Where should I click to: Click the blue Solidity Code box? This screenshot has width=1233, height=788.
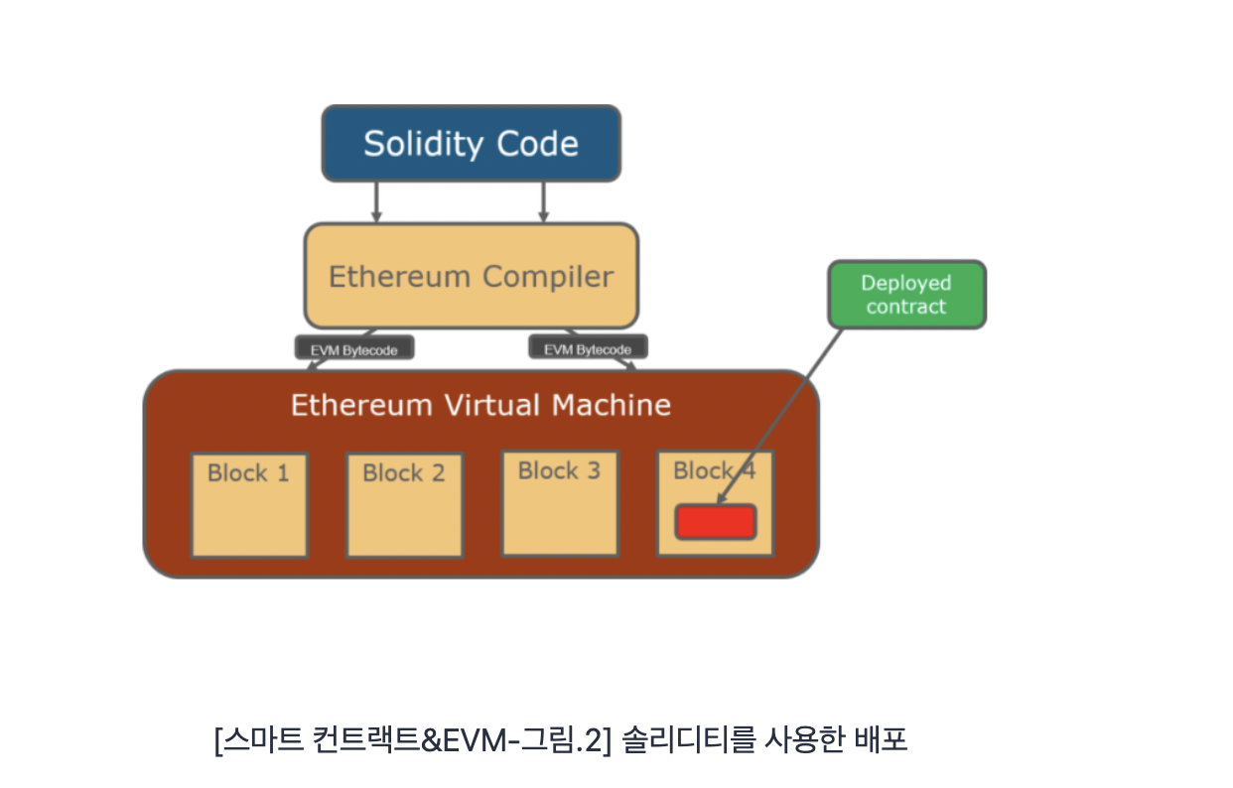[x=471, y=144]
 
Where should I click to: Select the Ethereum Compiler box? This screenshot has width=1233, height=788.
[x=471, y=276]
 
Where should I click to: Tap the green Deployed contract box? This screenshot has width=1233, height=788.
[x=906, y=295]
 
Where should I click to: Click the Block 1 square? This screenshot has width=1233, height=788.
[x=249, y=505]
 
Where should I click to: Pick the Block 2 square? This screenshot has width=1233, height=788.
[x=404, y=505]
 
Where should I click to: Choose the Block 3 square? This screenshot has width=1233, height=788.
[x=560, y=503]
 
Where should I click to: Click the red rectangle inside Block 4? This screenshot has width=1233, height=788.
[x=716, y=522]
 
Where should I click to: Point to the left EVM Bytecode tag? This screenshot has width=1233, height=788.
[x=353, y=348]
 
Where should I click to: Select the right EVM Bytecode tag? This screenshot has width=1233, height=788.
[x=588, y=348]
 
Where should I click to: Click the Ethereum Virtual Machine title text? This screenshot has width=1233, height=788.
[x=480, y=405]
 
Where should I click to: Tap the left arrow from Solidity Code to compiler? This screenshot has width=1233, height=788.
[x=376, y=201]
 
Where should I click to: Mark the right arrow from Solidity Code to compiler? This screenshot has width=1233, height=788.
[x=543, y=201]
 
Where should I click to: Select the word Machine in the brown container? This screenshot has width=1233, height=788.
[x=611, y=405]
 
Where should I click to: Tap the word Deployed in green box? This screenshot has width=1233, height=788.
[x=906, y=284]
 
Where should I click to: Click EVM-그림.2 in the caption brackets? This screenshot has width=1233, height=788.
[x=534, y=740]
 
